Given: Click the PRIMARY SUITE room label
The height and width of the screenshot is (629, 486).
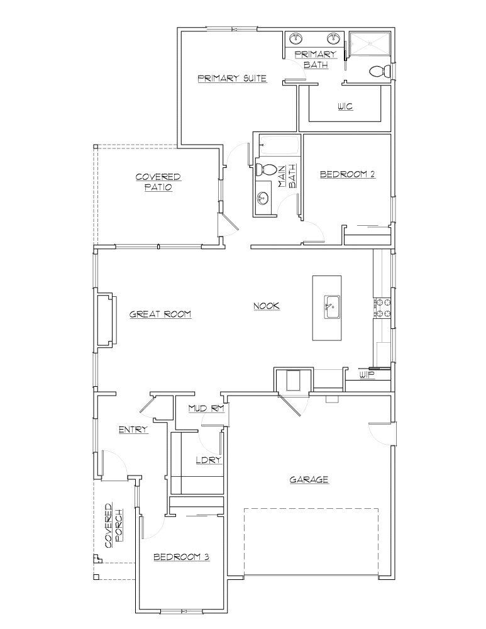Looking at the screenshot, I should pyautogui.click(x=232, y=79).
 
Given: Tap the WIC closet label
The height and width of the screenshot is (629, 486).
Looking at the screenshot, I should pyautogui.click(x=345, y=106).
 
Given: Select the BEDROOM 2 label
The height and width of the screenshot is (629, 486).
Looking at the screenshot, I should pyautogui.click(x=347, y=174).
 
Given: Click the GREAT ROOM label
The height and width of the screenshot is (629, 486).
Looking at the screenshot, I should pyautogui.click(x=160, y=314).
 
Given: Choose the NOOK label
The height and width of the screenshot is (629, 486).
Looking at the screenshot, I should pyautogui.click(x=266, y=306).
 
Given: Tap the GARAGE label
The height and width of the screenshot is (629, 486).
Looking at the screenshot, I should pyautogui.click(x=309, y=479).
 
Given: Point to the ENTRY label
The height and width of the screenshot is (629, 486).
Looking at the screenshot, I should pyautogui.click(x=133, y=430).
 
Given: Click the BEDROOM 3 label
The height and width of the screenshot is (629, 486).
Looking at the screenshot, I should pyautogui.click(x=181, y=557).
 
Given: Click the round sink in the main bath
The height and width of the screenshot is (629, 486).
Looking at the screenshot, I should pyautogui.click(x=263, y=198).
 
